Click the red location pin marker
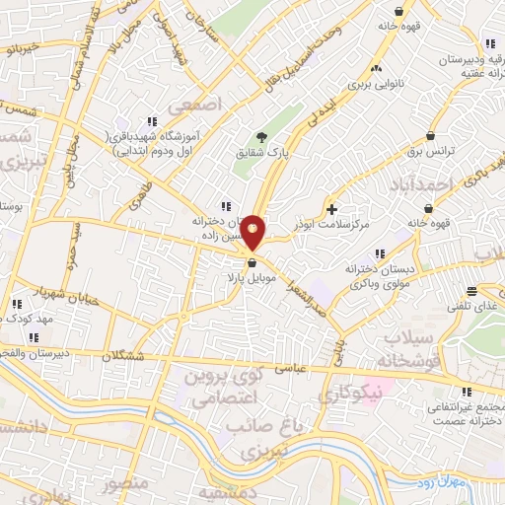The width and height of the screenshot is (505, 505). point(252,233)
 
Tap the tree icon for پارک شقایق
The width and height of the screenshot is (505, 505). point(261,137)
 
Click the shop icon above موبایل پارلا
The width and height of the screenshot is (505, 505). point(252,262)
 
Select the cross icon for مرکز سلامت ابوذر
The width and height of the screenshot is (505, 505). point(332,209)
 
